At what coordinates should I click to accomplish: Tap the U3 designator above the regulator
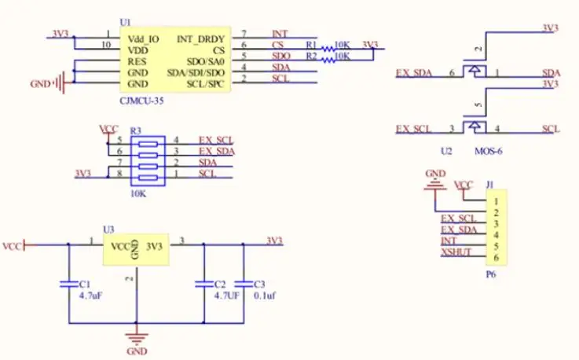click(108, 229)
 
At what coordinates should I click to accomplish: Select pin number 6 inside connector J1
click(497, 257)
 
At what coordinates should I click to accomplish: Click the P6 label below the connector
click(490, 274)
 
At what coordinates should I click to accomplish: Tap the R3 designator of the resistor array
click(136, 130)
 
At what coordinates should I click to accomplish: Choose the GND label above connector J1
click(434, 172)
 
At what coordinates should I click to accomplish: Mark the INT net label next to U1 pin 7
click(280, 35)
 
